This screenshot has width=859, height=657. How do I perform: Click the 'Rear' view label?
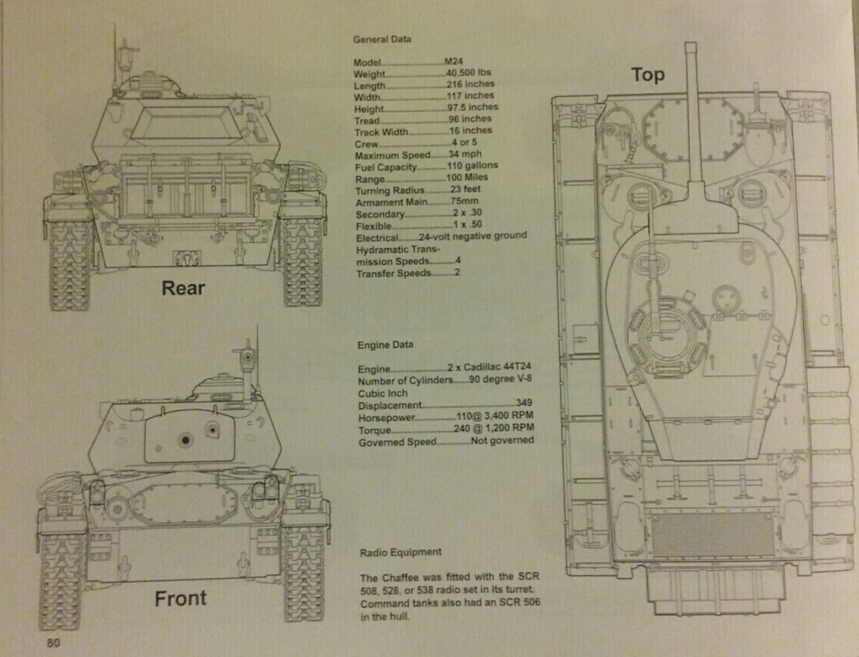click(x=183, y=288)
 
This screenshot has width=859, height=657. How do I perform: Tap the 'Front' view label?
click(x=180, y=598)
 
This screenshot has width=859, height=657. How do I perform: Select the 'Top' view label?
click(x=647, y=75)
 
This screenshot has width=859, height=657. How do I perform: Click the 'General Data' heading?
click(x=381, y=39)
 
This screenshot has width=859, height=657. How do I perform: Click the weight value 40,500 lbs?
click(x=468, y=73)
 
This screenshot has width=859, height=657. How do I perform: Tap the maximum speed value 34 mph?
click(x=467, y=154)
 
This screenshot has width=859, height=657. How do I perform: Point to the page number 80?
click(x=53, y=642)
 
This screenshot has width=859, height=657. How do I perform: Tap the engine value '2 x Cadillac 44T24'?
click(x=488, y=369)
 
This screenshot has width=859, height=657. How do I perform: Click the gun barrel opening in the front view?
click(x=183, y=440)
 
